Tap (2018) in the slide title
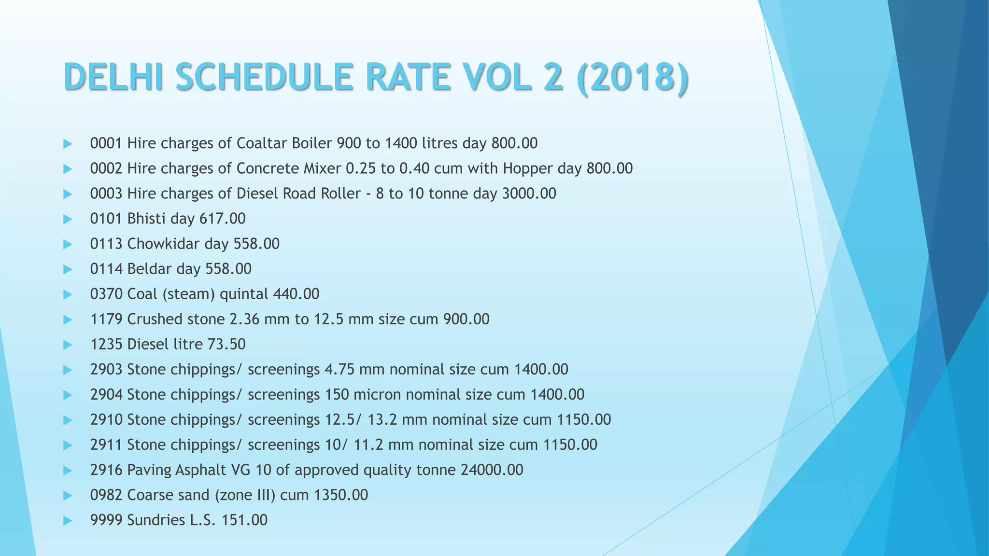633,77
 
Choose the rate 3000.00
529,194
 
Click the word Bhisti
146,219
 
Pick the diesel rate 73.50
226,344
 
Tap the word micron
377,394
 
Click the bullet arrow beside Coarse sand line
68,495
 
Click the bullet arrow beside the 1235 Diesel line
68,345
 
